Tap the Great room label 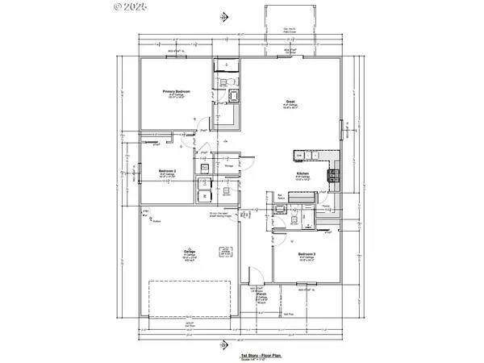point(289,102)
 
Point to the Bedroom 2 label point(167,172)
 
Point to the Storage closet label point(228,166)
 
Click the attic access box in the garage point(220,252)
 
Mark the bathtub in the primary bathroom point(235,98)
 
